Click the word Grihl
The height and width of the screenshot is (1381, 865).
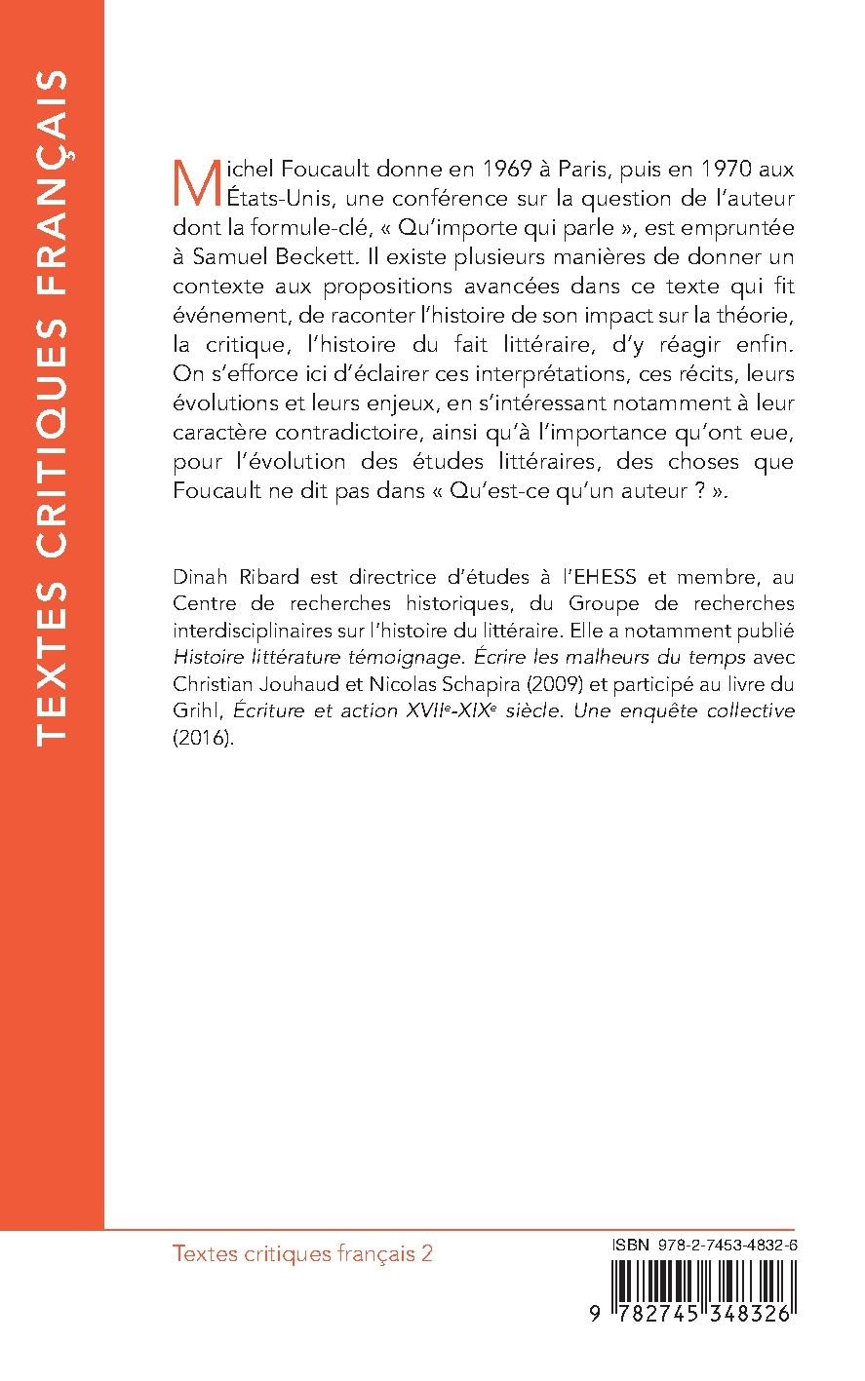190,712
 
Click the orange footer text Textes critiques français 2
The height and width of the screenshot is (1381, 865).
301,1253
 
